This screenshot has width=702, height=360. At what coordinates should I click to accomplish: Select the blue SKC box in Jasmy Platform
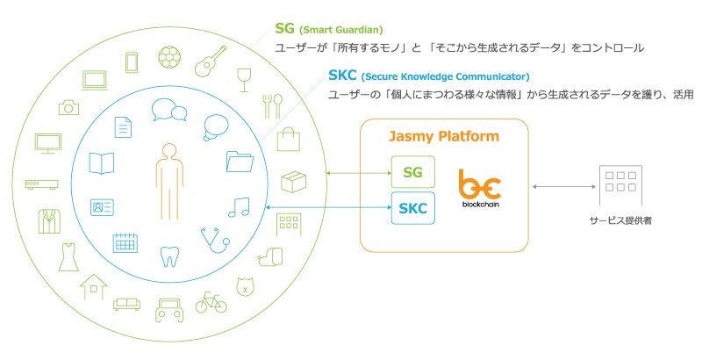(x=412, y=208)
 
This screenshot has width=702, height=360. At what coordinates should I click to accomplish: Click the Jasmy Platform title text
(x=444, y=137)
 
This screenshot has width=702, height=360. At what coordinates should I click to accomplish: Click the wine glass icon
(x=243, y=80)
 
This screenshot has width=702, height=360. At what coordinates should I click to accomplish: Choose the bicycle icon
(x=211, y=303)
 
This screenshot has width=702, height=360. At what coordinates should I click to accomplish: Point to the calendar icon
(x=124, y=242)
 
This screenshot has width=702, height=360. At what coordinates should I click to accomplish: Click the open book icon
(x=102, y=163)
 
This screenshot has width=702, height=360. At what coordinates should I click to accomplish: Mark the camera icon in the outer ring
(x=68, y=107)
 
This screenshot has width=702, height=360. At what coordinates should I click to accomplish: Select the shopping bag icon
(x=289, y=138)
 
